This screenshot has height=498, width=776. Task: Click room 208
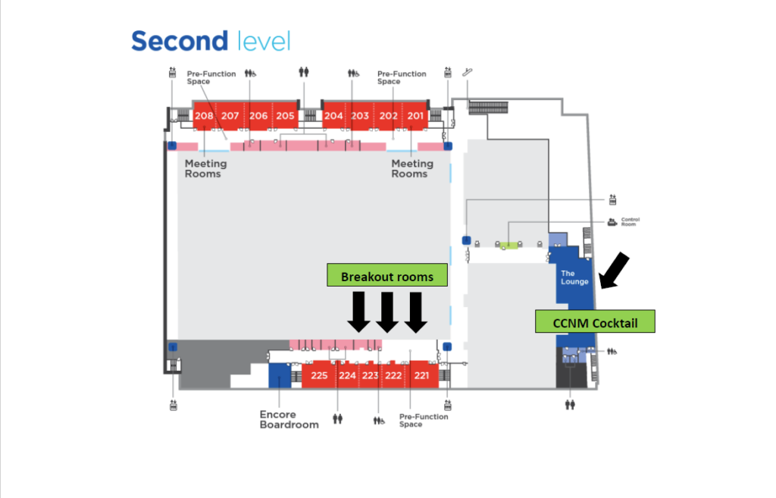pos(204,116)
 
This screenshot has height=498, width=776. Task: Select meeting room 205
pos(285,116)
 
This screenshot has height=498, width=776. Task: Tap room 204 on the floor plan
pos(333,116)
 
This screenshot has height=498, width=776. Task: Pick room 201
pos(415,116)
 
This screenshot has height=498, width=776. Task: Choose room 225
pos(319,375)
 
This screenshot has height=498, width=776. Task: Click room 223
pos(370,375)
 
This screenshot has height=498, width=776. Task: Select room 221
pos(422,375)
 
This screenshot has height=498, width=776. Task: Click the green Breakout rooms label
pos(387,277)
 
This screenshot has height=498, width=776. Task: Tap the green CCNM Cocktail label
pos(595,323)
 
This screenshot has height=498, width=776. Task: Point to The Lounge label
pos(574,277)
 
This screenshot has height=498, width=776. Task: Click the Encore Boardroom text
pos(289,419)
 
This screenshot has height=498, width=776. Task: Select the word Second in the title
pos(179,41)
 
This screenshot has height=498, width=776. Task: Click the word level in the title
pos(263,41)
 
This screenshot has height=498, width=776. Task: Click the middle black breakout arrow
pos(387,312)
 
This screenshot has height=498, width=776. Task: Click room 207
pos(230,116)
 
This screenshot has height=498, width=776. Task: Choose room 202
pos(388,116)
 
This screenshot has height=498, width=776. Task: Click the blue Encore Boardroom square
pos(280,374)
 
